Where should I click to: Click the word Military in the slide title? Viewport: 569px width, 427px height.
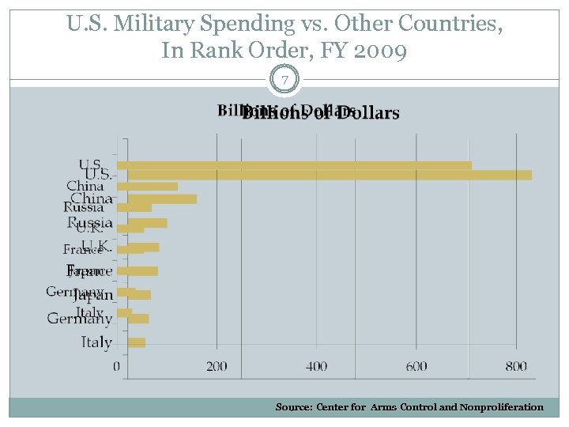click(x=155, y=25)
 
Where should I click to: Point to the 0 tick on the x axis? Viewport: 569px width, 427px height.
click(x=117, y=366)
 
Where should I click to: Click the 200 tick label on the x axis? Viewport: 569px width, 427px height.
click(x=217, y=366)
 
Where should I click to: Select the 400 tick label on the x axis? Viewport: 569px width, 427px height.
click(x=316, y=366)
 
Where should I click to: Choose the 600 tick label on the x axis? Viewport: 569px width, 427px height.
click(x=416, y=366)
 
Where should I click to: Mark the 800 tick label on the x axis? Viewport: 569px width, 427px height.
click(x=516, y=366)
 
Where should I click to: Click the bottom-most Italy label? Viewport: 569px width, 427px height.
click(x=96, y=342)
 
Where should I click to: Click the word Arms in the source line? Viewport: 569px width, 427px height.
click(x=383, y=407)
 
